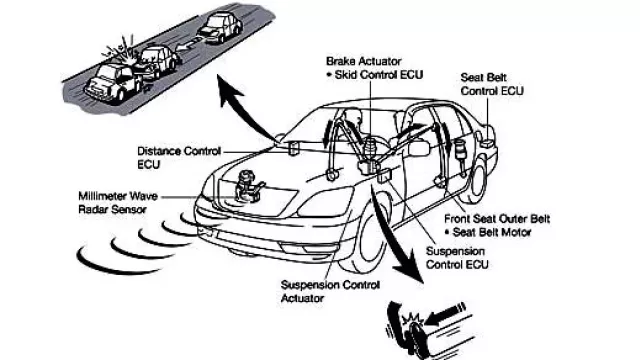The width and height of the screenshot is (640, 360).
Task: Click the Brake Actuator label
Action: coord(364,61)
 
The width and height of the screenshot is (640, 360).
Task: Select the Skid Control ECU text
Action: coord(378,75)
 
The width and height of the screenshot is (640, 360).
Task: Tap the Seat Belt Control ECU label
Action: coord(492,84)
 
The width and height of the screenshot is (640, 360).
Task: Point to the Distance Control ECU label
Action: coord(179,158)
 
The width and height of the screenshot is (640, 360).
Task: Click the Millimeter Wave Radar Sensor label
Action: coord(118,202)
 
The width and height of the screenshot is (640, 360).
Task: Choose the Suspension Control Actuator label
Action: coord(330,291)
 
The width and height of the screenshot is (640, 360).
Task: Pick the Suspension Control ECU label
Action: coord(457,258)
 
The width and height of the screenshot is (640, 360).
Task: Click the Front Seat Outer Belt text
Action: coord(497,219)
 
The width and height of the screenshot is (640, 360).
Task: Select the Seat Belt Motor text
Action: coord(492,233)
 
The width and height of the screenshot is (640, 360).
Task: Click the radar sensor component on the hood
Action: coord(248,187)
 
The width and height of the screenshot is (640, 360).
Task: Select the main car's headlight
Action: coord(325,202)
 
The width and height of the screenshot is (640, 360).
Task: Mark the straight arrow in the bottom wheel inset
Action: coord(445,315)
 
